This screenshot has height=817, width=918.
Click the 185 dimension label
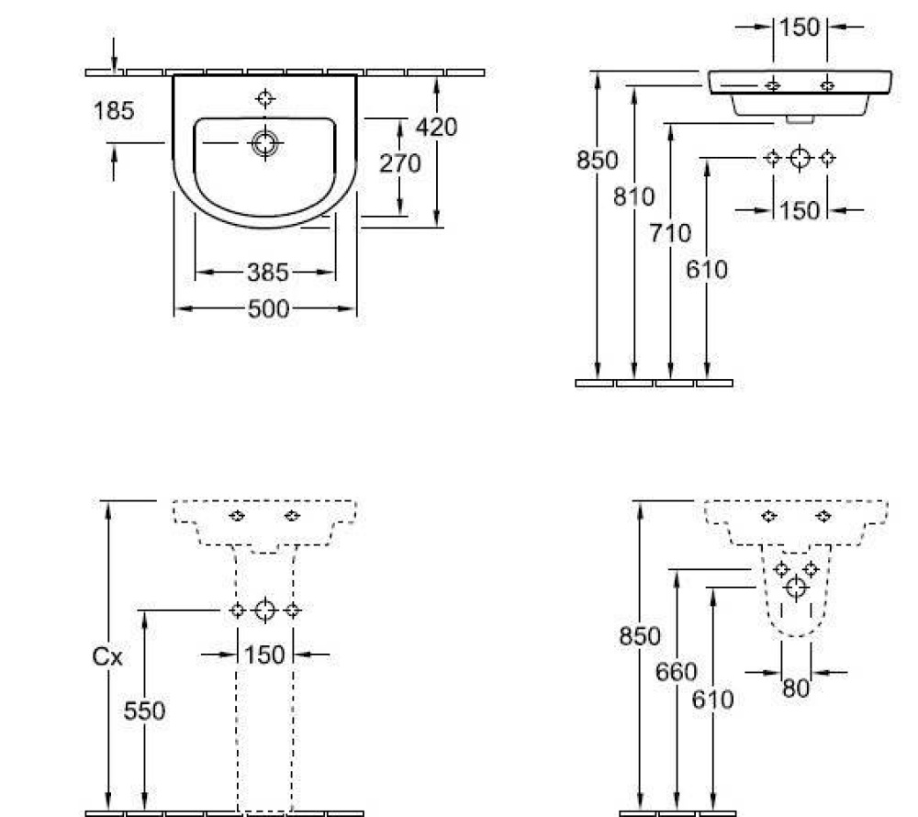(x=114, y=111)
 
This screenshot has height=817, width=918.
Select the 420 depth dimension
(x=436, y=127)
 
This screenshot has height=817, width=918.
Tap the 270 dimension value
(x=400, y=163)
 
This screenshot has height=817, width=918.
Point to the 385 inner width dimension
(x=267, y=272)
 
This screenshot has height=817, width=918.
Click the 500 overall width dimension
(x=267, y=309)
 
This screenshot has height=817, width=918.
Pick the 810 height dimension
(x=634, y=196)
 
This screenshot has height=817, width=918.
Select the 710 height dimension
(x=670, y=233)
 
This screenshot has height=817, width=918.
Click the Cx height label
(x=108, y=657)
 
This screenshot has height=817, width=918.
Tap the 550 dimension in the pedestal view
(x=144, y=711)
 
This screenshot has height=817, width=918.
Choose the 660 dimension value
(x=676, y=672)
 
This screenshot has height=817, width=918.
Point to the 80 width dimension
(x=796, y=687)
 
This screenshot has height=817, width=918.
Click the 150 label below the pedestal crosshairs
(x=265, y=655)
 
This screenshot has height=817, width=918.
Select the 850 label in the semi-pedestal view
(x=639, y=635)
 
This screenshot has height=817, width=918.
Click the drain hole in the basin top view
(x=265, y=142)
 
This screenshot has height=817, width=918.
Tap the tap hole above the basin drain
(x=265, y=98)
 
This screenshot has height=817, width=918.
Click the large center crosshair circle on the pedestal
(x=265, y=610)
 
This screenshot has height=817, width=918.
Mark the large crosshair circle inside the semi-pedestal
(x=796, y=587)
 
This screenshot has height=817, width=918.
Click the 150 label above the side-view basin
(x=800, y=28)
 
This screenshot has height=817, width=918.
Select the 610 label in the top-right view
(x=707, y=269)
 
